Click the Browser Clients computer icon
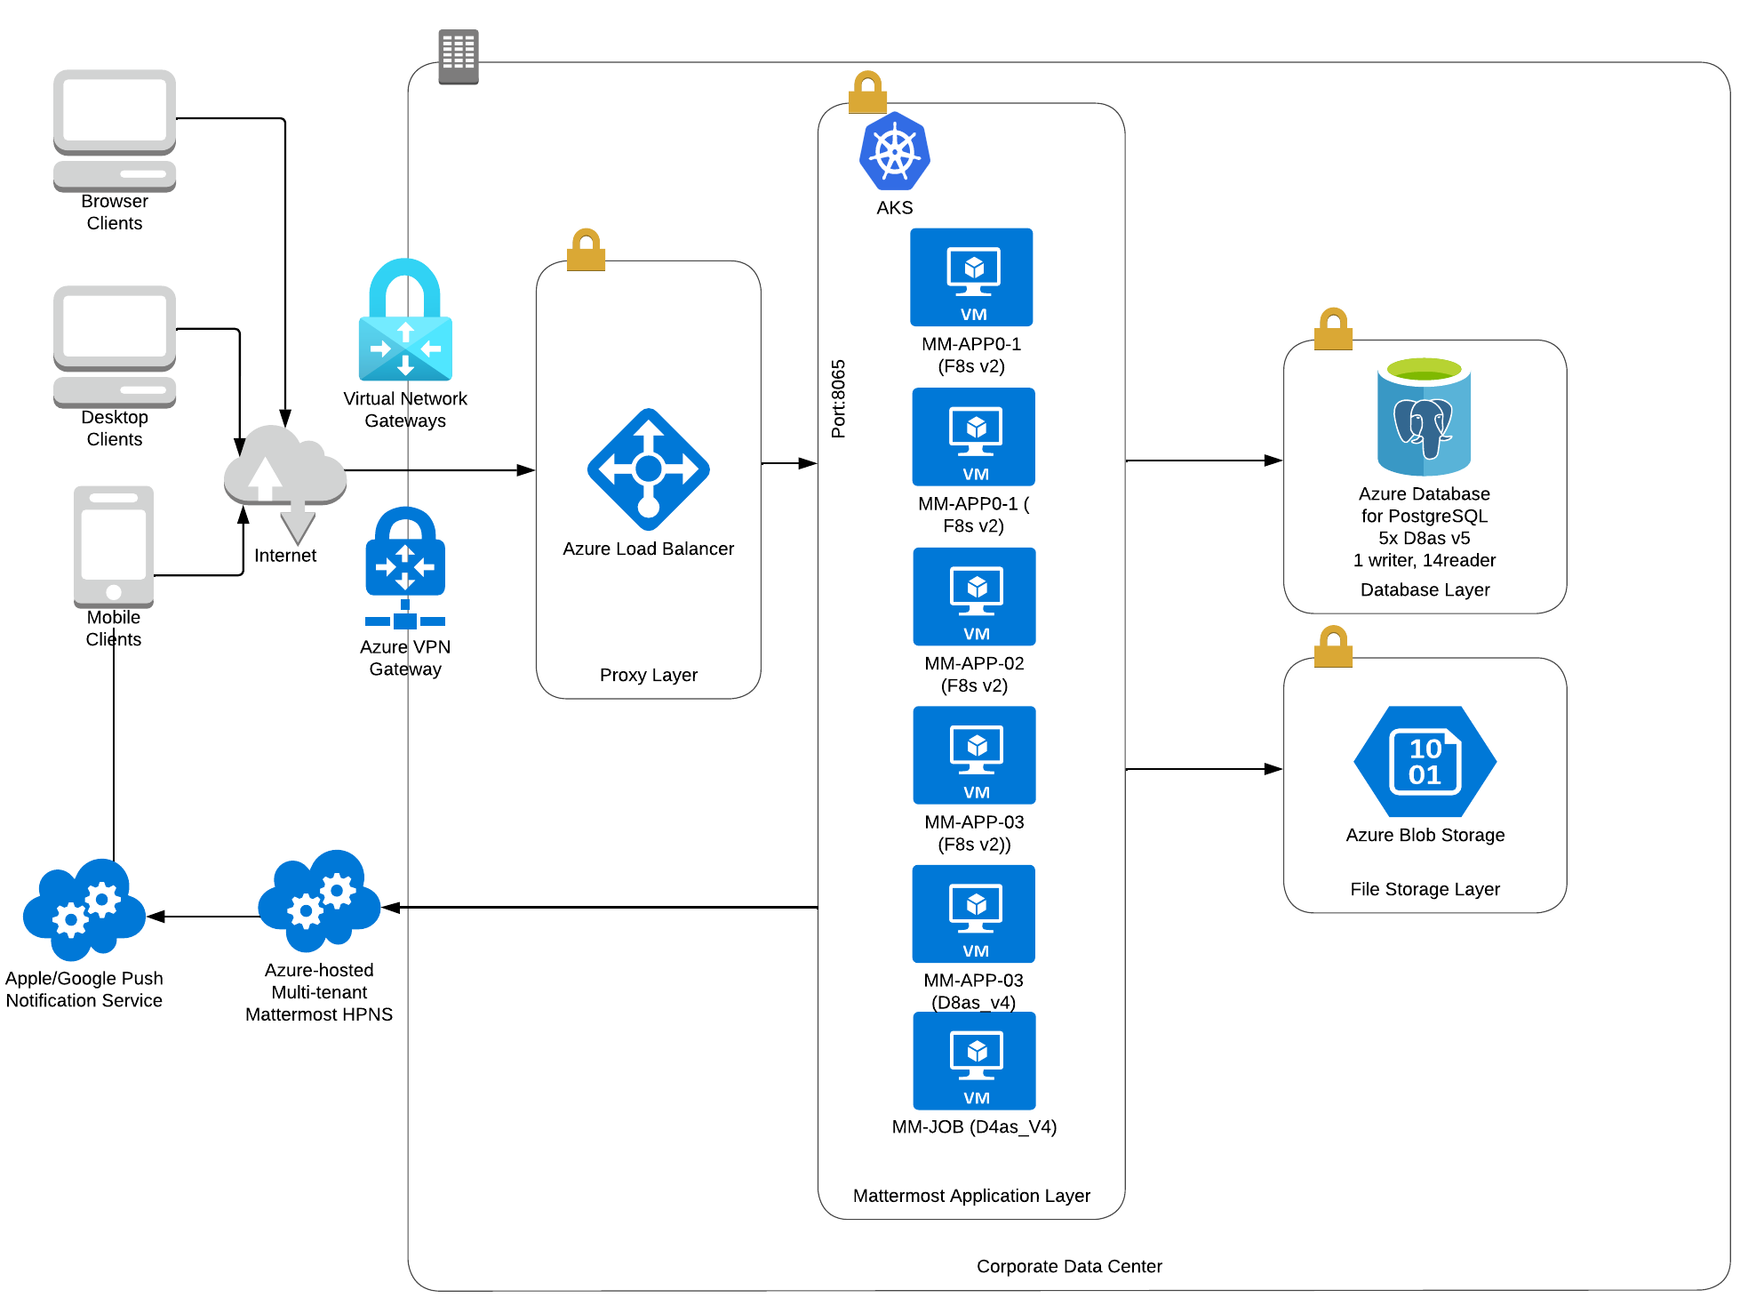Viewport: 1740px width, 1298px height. pos(115,130)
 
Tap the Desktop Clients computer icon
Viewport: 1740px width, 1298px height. pos(115,346)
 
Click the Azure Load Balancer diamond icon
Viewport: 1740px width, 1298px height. pos(649,469)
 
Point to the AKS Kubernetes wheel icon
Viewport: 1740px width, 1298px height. pos(894,151)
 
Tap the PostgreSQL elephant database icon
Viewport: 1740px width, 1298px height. pos(1424,417)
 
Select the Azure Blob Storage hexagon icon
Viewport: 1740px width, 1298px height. pos(1425,761)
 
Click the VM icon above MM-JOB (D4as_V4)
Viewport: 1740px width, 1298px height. pos(975,1061)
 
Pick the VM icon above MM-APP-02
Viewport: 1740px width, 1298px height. pos(975,596)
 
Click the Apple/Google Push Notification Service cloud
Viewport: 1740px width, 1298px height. pos(84,909)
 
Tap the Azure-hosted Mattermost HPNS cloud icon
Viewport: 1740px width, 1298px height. pos(319,900)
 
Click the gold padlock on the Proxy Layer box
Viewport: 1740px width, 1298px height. pos(587,250)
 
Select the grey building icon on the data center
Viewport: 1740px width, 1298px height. pos(459,56)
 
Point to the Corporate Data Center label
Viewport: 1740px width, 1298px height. pos(1069,1266)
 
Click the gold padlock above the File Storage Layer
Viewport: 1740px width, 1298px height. pos(1333,646)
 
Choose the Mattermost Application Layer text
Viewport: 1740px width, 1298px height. pos(971,1196)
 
